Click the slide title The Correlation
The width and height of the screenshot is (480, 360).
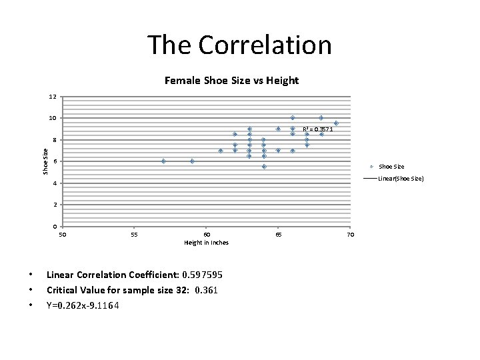239,45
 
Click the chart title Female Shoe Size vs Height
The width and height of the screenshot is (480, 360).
231,81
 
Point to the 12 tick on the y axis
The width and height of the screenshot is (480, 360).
52,97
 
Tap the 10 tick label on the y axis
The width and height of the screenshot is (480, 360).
52,119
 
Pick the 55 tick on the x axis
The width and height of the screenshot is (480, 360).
135,235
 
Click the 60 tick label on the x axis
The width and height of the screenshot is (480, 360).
207,235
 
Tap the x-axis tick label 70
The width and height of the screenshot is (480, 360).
351,235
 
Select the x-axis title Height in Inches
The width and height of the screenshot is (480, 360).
206,243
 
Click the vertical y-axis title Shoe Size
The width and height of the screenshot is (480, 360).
45,161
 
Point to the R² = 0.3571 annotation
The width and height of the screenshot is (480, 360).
317,129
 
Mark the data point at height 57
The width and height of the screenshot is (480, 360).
163,161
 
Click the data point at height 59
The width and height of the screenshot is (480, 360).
192,161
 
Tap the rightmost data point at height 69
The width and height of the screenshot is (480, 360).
336,123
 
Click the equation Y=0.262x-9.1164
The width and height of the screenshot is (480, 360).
83,305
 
